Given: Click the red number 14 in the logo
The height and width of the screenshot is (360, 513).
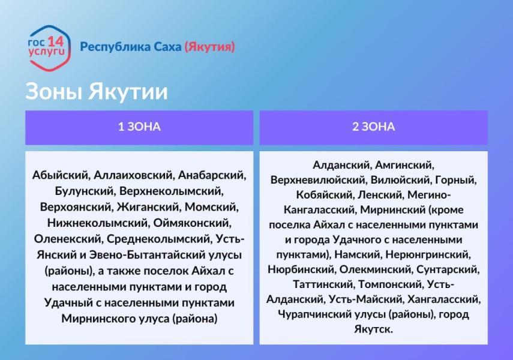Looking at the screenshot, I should pos(55,41).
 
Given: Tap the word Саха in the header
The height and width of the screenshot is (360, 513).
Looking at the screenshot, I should pos(166,47).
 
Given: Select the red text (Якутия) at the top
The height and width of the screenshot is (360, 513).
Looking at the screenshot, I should pos(209,47).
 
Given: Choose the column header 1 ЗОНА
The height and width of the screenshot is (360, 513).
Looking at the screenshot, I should pos(139,127).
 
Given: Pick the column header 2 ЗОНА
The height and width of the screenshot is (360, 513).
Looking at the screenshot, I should pos(373,127).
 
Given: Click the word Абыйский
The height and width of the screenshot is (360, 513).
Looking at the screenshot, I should pos(59,175).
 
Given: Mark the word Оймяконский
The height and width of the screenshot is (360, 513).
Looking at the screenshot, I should pos(189,223).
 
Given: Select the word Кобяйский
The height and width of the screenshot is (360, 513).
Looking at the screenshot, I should pos(325,194).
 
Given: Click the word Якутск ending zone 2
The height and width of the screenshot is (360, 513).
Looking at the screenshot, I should pos(373,329).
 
